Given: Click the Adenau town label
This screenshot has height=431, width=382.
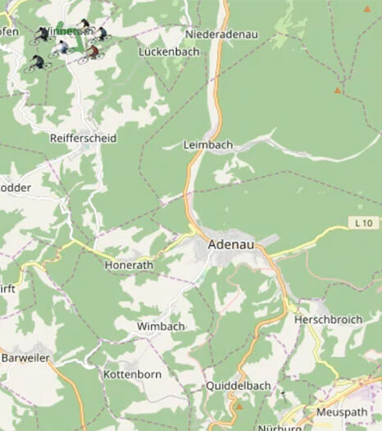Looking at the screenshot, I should click(231, 244).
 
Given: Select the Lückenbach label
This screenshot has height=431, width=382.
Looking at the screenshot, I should click(170, 51).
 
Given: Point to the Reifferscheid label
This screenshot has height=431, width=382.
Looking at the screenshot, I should click(83, 138).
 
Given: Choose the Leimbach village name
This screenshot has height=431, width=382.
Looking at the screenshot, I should click(209, 145).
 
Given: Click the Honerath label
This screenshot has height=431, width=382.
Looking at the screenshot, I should click(130, 265).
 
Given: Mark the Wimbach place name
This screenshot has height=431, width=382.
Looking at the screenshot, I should click(161, 326).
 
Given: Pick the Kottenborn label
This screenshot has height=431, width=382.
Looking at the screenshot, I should click(132, 374).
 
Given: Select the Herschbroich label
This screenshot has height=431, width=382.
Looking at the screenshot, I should click(328, 320).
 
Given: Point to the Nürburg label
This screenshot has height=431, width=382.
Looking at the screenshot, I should click(280, 427).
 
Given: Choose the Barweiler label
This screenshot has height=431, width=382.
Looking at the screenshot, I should click(25, 358).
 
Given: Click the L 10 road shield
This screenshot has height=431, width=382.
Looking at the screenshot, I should click(364, 223).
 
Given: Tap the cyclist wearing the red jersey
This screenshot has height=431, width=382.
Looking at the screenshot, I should click(92, 53).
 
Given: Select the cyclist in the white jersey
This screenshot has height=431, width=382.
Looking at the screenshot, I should click(62, 48).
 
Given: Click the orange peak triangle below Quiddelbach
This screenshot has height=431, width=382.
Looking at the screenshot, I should click(239, 405).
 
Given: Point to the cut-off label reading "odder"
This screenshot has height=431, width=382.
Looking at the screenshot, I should click(15, 187).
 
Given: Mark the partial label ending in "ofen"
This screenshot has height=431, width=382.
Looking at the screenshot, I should click(8, 31).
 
